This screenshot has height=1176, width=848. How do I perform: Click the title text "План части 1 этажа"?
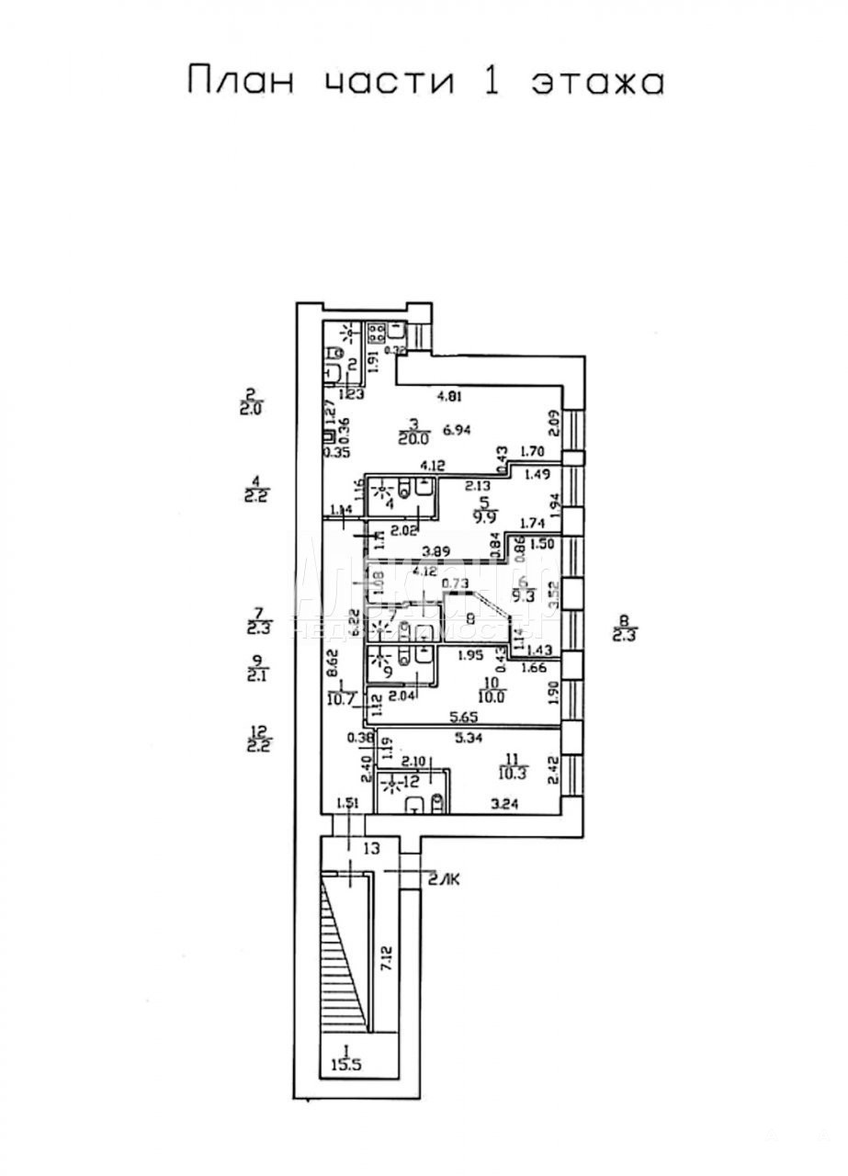(x=424, y=81)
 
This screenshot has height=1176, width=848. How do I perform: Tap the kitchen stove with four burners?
(x=376, y=332)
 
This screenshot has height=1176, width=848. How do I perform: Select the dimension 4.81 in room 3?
(x=450, y=397)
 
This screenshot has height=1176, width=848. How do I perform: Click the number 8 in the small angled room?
(x=470, y=618)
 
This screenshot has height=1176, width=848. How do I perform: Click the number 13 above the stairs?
(x=371, y=850)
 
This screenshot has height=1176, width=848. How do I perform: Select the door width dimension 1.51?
(x=347, y=803)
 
